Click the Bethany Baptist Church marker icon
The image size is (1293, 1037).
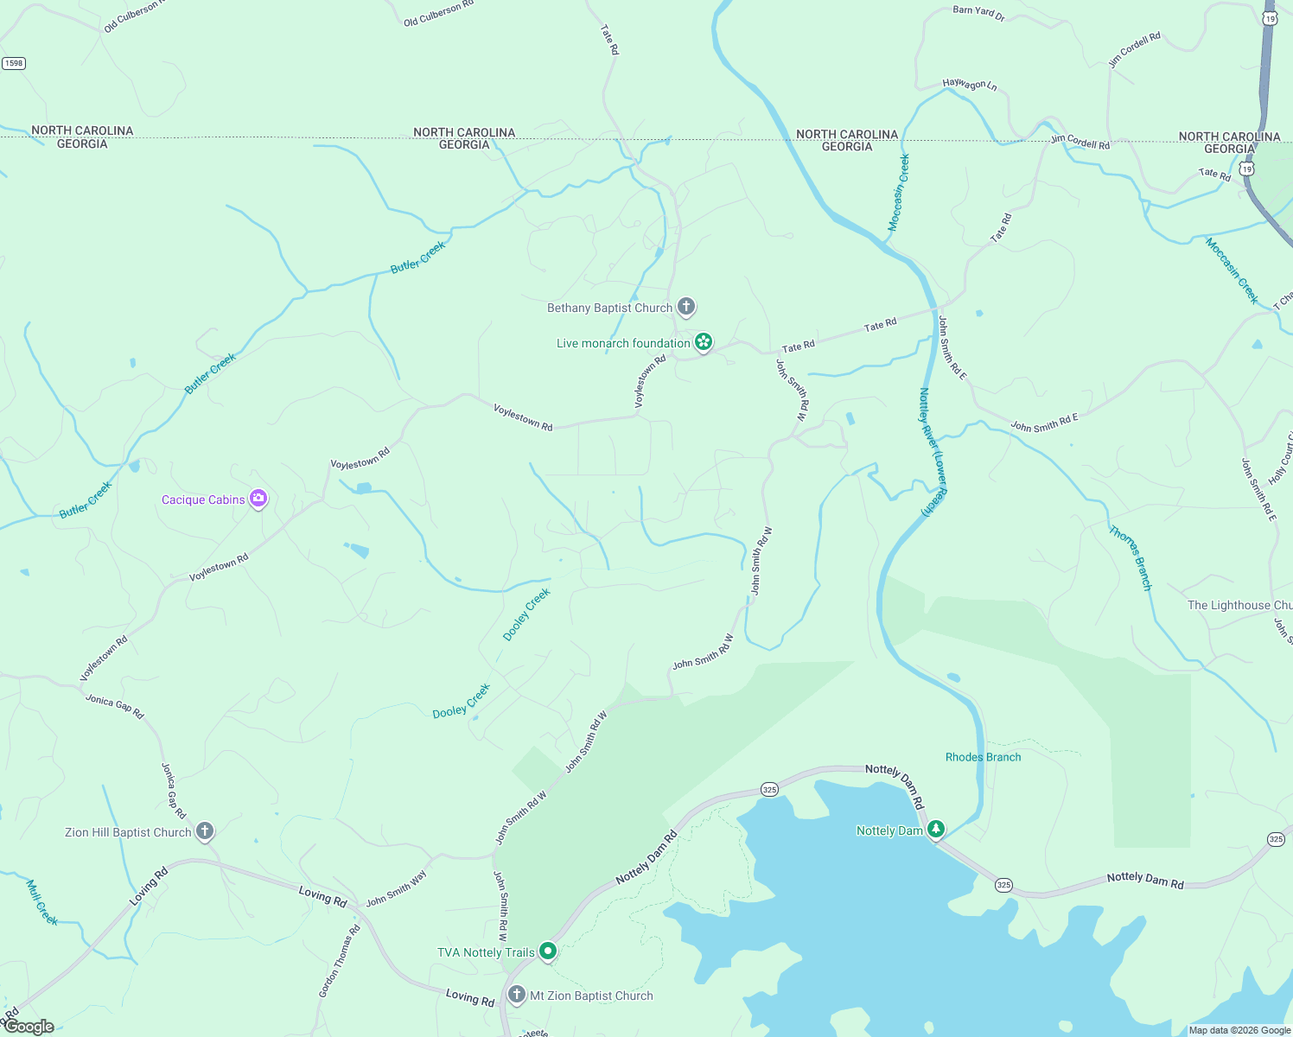[686, 307]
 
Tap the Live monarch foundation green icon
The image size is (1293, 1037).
[704, 343]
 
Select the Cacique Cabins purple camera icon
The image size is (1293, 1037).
[258, 499]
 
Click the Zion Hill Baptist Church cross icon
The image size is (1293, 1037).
[204, 831]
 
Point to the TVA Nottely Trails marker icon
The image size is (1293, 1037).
[547, 951]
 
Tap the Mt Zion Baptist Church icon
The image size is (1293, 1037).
[517, 995]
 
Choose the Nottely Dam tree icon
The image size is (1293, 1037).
[935, 830]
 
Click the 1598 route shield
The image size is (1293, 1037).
[13, 63]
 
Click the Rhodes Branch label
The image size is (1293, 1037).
[983, 757]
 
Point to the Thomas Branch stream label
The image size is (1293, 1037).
[1131, 558]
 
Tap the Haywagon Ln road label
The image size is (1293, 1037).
[970, 85]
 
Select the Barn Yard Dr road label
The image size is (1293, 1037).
[978, 13]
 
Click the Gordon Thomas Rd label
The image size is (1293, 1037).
[340, 961]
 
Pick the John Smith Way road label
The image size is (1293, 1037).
[396, 888]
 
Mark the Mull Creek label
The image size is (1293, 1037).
[41, 903]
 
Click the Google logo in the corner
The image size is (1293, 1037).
[29, 1027]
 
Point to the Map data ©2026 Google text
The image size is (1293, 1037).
[1239, 1030]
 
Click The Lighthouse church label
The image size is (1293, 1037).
[1239, 605]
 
